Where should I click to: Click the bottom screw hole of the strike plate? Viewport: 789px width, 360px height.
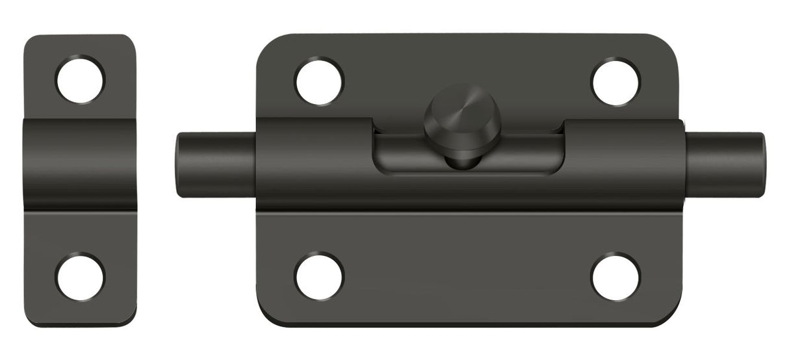tap(81, 276)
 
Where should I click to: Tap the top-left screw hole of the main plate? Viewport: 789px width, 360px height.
tap(319, 82)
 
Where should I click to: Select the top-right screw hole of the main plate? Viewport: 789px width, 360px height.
tap(615, 82)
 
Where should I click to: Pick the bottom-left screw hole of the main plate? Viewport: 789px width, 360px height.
tap(319, 276)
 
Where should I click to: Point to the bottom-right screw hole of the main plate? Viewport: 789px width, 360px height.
tap(615, 276)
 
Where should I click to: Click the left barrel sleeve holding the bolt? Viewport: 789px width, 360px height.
tap(312, 162)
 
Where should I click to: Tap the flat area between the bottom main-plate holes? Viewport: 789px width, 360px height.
tap(467, 276)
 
